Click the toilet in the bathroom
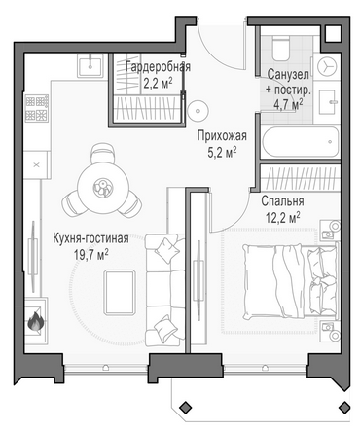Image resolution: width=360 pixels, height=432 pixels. (281, 48)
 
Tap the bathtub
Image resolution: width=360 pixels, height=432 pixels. (301, 142)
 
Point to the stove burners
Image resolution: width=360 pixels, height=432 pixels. (37, 108)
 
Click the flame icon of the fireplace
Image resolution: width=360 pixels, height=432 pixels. (35, 321)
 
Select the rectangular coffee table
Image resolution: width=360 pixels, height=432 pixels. (120, 293)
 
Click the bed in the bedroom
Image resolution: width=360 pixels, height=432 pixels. (290, 281)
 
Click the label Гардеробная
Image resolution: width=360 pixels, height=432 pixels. (158, 67)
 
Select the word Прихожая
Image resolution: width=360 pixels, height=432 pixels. (222, 135)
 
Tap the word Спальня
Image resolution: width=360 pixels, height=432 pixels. (282, 201)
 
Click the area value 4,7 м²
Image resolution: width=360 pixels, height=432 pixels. (288, 104)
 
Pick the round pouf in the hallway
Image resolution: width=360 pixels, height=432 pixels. (198, 110)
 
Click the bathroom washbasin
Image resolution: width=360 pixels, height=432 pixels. (327, 102)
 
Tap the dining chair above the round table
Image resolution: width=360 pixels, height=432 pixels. (103, 155)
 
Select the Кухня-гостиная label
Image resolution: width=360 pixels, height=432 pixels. (90, 238)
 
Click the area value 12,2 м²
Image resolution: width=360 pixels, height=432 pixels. (282, 217)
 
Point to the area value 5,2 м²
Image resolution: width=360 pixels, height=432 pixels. (222, 152)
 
